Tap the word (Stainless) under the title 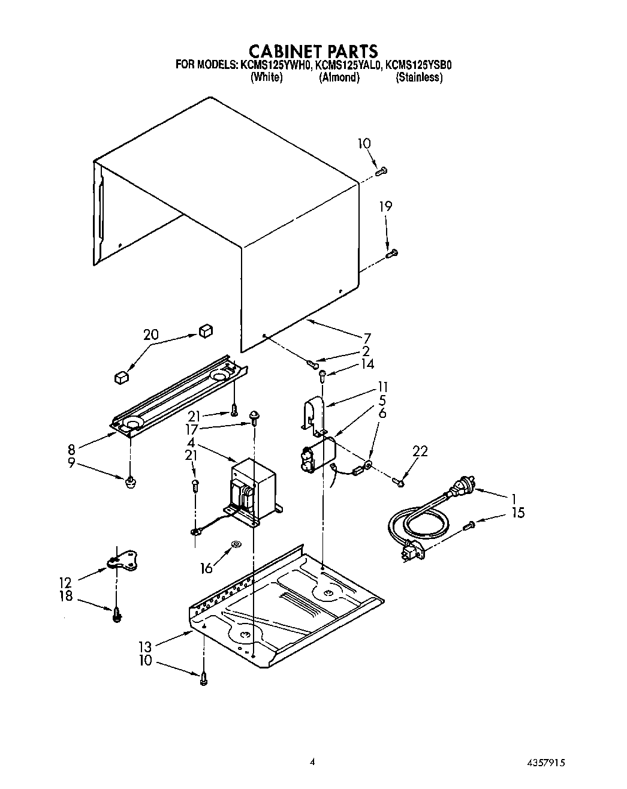point(419,77)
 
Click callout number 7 point(367,338)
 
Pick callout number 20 point(151,334)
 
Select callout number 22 point(420,451)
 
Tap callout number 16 point(206,568)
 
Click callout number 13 point(145,646)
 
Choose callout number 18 point(65,596)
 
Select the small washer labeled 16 point(236,544)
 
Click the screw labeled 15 point(469,526)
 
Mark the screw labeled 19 point(392,254)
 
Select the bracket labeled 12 point(123,560)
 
